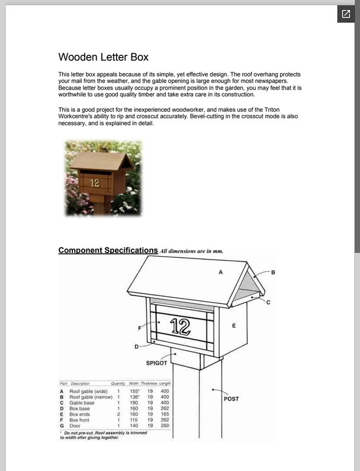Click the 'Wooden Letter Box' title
pos(103,57)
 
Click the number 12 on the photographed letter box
pos(95,183)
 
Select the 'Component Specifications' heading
pos(108,250)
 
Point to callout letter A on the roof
pos(221,273)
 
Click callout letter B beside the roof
pos(273,273)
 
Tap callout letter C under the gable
pos(268,302)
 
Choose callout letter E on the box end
pos(234,326)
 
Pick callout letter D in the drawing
pos(136,347)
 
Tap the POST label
pos(232,399)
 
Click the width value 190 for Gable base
pos(134,402)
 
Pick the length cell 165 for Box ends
pos(165,414)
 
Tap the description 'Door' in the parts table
pos(75,425)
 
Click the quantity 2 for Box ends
pos(118,414)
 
